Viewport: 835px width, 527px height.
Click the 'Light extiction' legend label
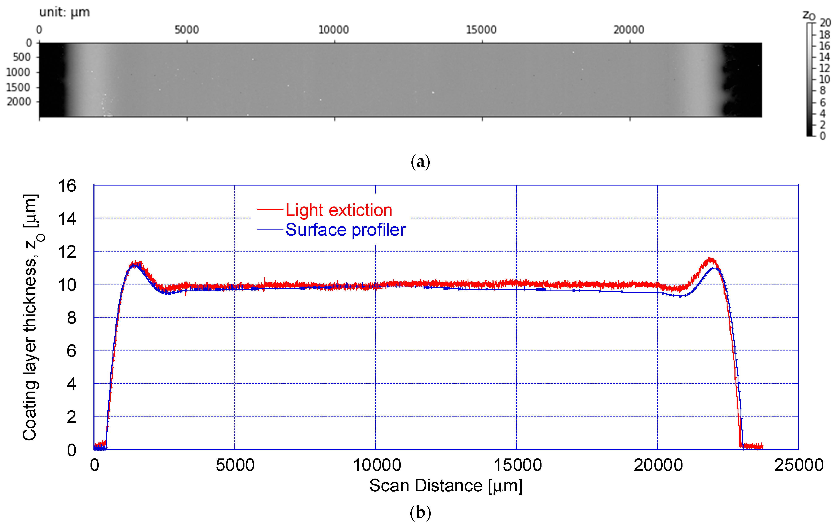pyautogui.click(x=339, y=210)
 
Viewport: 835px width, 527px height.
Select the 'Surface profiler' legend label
pyautogui.click(x=345, y=230)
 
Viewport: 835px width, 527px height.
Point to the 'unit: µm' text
pyautogui.click(x=65, y=12)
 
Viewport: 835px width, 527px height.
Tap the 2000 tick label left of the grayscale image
pyautogui.click(x=19, y=102)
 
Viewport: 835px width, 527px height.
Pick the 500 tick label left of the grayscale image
pyautogui.click(x=22, y=57)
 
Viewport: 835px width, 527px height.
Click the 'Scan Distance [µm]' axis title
pyautogui.click(x=446, y=486)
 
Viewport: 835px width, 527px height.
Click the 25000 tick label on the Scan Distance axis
pyautogui.click(x=799, y=465)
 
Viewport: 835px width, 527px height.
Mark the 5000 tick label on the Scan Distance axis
pyautogui.click(x=235, y=465)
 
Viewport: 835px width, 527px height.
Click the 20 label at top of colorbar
pyautogui.click(x=825, y=23)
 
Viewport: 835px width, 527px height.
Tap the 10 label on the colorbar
pyautogui.click(x=825, y=79)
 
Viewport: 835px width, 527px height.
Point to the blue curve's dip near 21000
pyautogui.click(x=680, y=296)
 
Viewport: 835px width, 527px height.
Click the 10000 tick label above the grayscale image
pyautogui.click(x=333, y=30)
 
